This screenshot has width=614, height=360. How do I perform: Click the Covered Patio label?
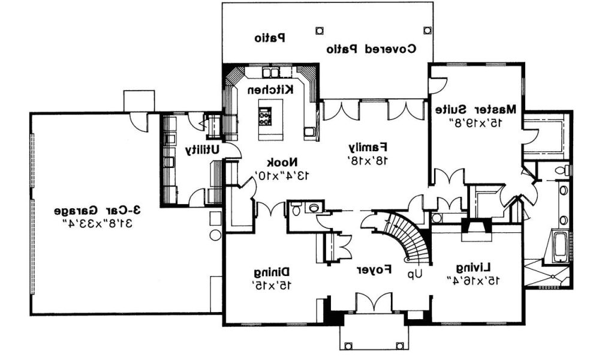coord(371,49)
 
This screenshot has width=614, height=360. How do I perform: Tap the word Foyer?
coord(375,270)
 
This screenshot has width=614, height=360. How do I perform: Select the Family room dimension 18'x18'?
coord(368,160)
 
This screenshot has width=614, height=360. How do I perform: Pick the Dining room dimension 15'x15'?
coord(273,286)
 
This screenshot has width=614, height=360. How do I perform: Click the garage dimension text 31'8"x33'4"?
coord(97,224)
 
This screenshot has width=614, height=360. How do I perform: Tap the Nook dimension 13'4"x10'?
coord(279,175)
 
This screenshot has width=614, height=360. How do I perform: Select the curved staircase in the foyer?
coord(405,237)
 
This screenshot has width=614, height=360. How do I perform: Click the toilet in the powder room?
coord(296,208)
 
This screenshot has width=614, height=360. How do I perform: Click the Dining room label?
coord(274,273)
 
